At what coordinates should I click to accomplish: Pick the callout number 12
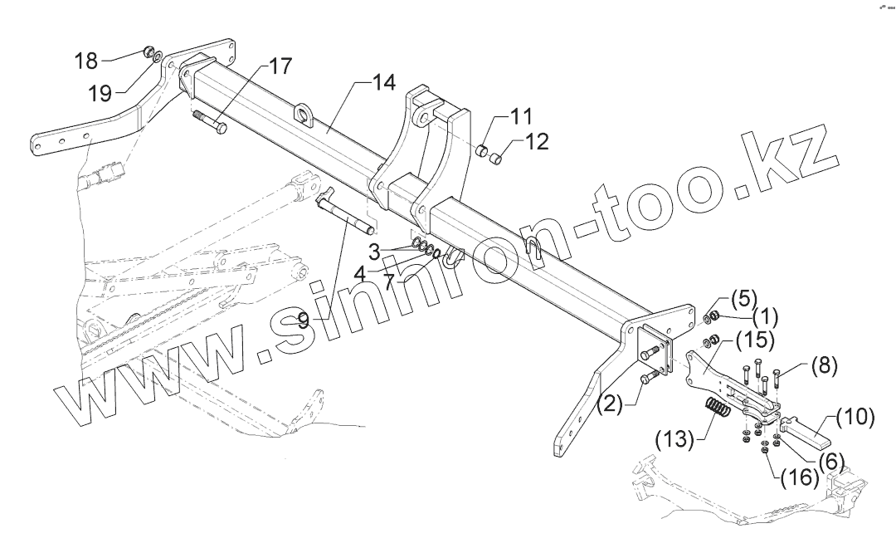537,141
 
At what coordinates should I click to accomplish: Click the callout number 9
304,319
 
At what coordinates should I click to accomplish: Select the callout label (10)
854,417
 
